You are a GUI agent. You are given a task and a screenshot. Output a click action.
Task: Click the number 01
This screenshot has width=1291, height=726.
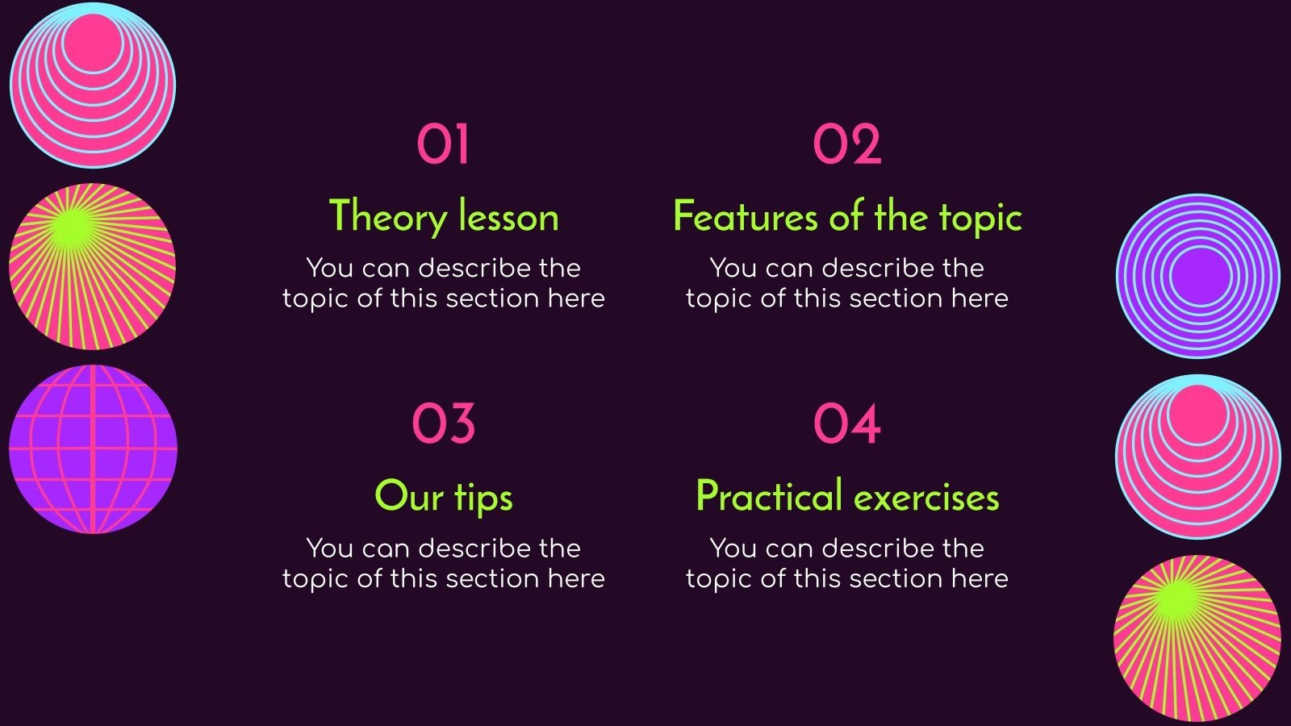443,145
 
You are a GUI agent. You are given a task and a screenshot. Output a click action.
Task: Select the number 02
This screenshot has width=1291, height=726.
846,145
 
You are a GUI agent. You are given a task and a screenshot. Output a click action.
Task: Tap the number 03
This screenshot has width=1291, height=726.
443,424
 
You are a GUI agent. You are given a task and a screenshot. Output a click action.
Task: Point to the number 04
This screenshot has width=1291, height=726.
846,424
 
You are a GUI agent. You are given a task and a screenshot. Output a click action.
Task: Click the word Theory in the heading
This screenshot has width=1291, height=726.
388,217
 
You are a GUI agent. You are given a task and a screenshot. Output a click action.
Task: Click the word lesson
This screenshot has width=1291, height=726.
508,217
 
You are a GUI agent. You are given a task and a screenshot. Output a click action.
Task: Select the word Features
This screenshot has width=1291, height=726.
745,217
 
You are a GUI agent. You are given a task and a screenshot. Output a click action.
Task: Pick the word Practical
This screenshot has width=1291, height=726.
769,496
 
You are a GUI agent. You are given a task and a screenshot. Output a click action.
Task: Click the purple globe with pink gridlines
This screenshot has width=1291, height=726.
93,449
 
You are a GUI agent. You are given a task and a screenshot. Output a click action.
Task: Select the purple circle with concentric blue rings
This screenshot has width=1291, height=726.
1198,276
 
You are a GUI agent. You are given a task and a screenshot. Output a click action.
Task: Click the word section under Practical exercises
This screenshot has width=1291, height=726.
895,578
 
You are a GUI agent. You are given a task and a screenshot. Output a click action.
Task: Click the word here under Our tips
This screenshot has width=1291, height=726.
576,578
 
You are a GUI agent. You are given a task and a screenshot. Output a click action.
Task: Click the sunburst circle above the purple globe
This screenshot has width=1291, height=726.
92,266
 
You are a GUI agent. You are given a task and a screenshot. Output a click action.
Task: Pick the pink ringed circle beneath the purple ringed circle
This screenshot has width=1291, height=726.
1198,457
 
